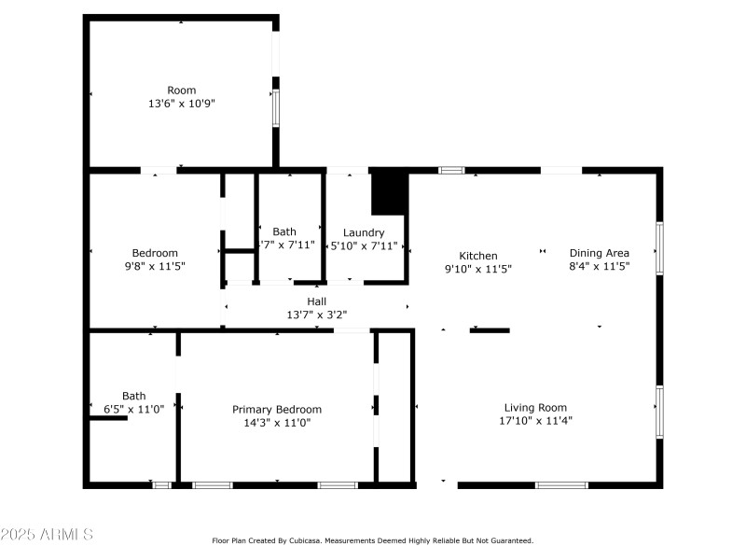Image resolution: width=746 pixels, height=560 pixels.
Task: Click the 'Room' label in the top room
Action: coord(182,91)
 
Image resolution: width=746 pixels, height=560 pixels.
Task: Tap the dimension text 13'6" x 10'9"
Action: coord(182,105)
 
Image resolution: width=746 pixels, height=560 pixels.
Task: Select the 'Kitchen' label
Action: coord(478,256)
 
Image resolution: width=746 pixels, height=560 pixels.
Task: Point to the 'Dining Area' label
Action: coord(600,253)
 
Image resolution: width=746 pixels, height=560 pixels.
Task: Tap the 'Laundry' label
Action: coord(364,233)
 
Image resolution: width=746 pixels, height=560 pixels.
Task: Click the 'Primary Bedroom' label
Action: coord(277,410)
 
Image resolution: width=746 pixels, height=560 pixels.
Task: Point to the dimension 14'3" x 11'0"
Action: coord(277,423)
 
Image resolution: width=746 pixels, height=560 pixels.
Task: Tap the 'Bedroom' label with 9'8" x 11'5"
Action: coord(155,253)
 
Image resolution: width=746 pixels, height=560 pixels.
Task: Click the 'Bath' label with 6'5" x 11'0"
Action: coord(133,396)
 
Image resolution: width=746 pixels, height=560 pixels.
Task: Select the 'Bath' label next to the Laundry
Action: coord(284,232)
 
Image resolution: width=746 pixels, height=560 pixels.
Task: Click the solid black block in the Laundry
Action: coord(390,193)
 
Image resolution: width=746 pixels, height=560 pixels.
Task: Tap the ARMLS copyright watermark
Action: coord(47,535)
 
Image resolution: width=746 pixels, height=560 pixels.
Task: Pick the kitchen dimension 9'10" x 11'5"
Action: coord(478,269)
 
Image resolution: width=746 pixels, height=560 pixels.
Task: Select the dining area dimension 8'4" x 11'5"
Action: coord(600,266)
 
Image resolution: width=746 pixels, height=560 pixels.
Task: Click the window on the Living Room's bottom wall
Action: coord(561,485)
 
